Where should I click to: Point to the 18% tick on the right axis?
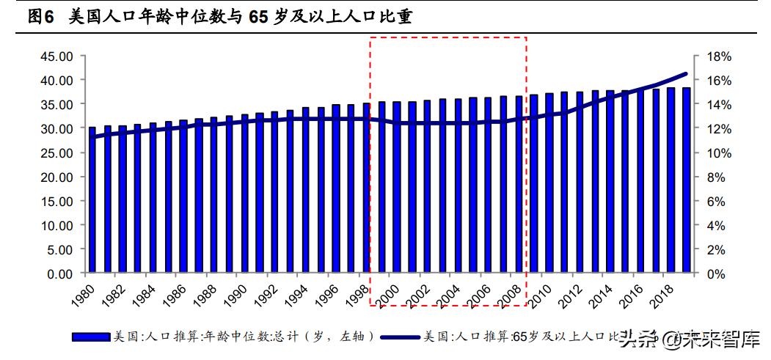point(718,56)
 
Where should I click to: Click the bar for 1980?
point(92,200)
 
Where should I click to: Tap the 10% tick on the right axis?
point(718,153)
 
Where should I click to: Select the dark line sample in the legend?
point(401,337)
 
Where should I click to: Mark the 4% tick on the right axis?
point(718,225)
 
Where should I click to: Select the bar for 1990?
point(245,194)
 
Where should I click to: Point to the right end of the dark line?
point(687,73)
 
